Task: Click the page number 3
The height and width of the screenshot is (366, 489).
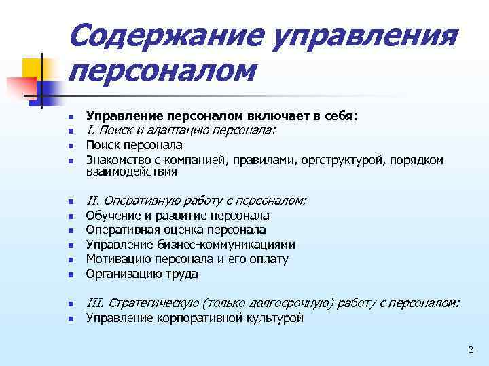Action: point(470,350)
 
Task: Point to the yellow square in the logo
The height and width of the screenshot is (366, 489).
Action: point(32,68)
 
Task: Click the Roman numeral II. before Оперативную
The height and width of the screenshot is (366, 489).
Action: point(94,201)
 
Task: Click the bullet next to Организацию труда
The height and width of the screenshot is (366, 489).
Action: point(70,275)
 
